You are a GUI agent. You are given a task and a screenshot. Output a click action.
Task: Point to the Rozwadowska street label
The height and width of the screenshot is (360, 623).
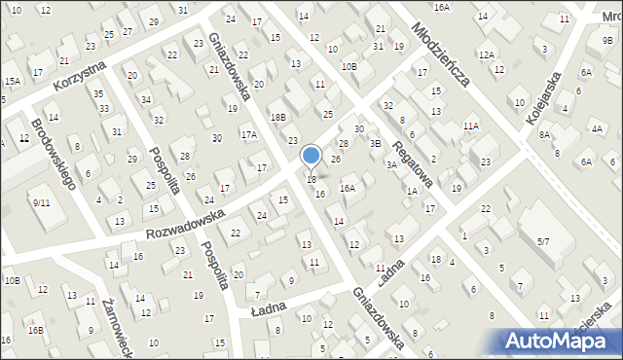(185, 222)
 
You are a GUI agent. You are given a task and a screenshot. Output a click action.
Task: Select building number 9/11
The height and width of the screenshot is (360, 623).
(41, 202)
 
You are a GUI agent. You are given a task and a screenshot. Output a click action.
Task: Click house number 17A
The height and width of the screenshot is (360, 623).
(249, 135)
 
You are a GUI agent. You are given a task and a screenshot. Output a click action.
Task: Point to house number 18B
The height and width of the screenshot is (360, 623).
(278, 117)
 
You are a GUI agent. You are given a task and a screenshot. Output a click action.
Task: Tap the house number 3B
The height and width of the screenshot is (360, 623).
(375, 143)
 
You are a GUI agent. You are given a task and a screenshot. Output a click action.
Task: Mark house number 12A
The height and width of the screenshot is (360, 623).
(486, 55)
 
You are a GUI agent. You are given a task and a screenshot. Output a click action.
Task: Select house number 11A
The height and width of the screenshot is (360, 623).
(471, 126)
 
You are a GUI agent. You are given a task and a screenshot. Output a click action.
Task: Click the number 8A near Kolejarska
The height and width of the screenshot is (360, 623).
(545, 135)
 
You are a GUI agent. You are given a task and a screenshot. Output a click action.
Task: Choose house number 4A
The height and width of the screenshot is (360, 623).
(596, 128)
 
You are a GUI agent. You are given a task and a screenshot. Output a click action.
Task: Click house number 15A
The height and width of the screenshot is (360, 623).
(12, 81)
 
